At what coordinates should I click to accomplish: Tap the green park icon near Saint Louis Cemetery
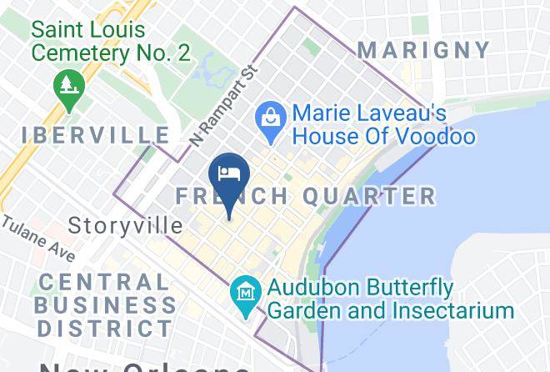pos(65,86)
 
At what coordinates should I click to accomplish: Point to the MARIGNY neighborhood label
pos(425,49)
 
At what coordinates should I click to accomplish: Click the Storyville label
pos(125,225)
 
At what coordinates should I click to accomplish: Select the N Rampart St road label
pos(221,107)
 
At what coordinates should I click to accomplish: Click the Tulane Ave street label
pos(37,239)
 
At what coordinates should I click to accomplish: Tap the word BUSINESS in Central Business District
pos(103,305)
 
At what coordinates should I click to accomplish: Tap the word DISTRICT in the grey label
pos(103,328)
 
